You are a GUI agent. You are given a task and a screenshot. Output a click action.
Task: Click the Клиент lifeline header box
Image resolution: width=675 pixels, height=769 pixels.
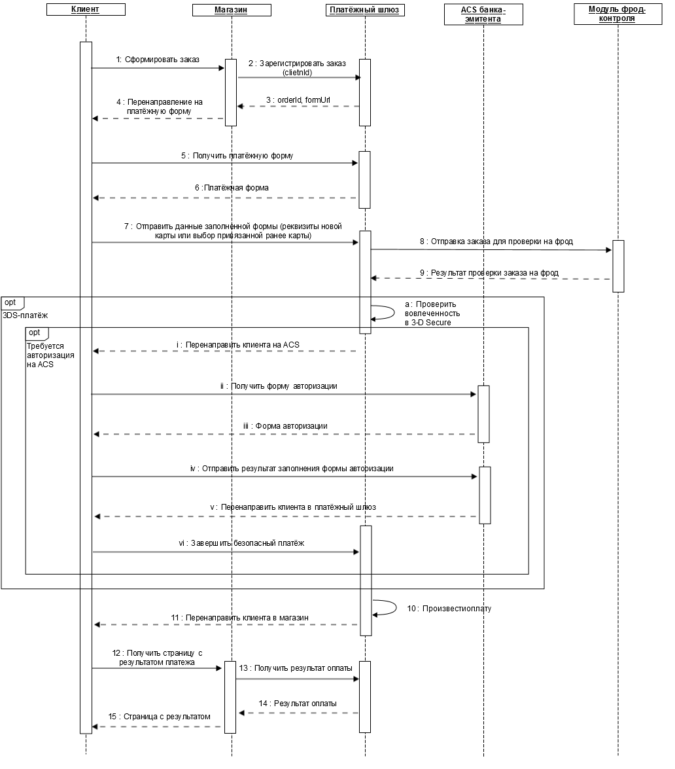(86, 9)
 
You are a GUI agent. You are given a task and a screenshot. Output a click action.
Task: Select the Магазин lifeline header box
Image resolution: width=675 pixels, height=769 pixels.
(232, 10)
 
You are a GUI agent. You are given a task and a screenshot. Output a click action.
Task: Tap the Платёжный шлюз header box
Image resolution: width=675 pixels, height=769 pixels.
(365, 10)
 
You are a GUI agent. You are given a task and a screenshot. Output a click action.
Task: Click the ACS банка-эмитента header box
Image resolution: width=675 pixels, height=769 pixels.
(483, 14)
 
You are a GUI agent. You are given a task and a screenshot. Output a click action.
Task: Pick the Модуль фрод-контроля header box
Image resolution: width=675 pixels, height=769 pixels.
(617, 14)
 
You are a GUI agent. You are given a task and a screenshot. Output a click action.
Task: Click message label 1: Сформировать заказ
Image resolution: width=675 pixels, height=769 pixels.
(158, 60)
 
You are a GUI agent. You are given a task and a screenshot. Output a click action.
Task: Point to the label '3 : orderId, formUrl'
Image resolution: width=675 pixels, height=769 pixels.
(298, 100)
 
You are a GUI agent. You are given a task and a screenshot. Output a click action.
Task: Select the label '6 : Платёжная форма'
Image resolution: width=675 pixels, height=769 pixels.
(232, 188)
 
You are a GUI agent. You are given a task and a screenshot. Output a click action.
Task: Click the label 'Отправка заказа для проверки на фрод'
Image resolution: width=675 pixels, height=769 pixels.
(502, 241)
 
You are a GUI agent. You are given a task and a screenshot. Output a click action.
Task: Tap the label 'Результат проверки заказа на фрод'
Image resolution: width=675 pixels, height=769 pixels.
(494, 273)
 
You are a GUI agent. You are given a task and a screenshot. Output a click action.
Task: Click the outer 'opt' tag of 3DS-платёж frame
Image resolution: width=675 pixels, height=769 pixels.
(12, 303)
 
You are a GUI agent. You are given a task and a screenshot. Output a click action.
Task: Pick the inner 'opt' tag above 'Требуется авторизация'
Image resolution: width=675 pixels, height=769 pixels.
(37, 334)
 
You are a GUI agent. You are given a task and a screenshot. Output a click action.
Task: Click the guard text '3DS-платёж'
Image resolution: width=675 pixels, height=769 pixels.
(26, 315)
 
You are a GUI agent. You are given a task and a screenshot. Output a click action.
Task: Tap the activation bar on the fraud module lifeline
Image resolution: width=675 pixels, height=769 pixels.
(618, 266)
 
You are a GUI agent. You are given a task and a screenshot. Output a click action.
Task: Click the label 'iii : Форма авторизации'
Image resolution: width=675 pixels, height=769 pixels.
(285, 425)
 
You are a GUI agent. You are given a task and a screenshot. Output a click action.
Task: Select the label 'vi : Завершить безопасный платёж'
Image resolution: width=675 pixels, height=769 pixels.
(241, 543)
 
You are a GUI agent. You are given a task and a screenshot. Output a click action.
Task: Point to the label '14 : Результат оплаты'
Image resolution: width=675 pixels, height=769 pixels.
(298, 704)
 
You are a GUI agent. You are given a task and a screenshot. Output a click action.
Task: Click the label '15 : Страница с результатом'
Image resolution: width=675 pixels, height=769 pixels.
(160, 717)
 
